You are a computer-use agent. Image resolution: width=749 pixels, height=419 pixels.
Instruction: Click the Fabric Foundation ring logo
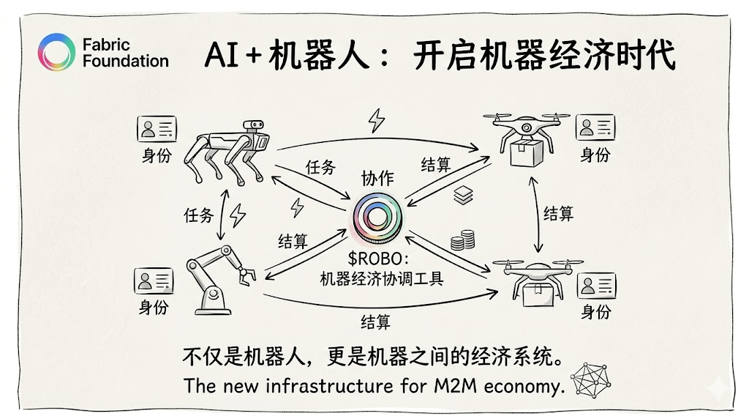coord(56,53)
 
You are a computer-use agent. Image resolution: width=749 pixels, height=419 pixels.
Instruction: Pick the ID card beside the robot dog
coord(157,129)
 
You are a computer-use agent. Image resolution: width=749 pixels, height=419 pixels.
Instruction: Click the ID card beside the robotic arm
coord(154,281)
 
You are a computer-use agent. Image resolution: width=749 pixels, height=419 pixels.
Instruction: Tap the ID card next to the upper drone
coord(595,127)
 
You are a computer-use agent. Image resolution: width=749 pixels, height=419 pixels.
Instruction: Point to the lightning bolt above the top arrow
coord(376,119)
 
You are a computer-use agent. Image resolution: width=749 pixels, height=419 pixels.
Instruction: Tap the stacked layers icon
coord(463,194)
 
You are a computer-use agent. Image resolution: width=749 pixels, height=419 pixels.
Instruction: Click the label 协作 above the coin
coord(377,178)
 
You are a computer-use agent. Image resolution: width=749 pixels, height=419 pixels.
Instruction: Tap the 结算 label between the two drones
coord(558,213)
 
